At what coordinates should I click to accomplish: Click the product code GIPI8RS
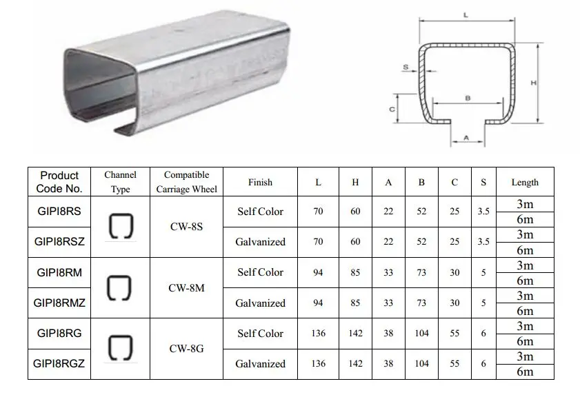[59, 211]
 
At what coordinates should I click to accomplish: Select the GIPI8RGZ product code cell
[59, 363]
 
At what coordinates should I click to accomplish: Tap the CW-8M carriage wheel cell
[186, 287]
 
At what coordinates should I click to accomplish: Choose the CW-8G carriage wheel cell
[186, 349]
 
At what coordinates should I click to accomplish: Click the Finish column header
[260, 182]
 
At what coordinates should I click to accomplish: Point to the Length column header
[525, 182]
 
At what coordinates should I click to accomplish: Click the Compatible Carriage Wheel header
[186, 182]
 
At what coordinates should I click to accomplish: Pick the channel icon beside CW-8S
[121, 226]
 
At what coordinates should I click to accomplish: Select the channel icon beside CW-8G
[121, 348]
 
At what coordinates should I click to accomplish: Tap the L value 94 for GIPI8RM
[318, 273]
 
